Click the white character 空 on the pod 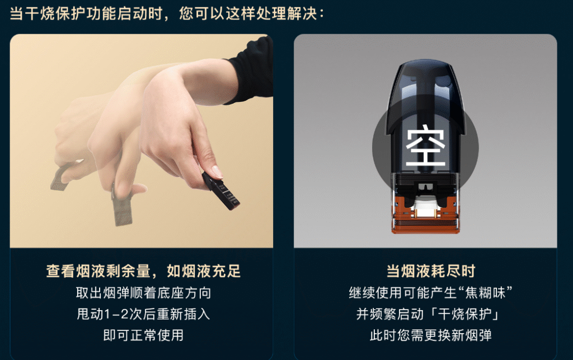click(x=426, y=146)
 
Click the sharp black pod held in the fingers click(x=220, y=190)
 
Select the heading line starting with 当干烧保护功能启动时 click(x=167, y=14)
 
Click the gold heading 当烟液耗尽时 click(x=431, y=271)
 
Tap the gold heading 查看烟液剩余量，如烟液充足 click(x=143, y=271)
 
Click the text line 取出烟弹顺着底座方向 click(x=143, y=293)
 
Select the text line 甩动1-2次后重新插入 click(x=143, y=314)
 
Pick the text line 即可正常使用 click(x=143, y=335)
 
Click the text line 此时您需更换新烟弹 click(x=431, y=335)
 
